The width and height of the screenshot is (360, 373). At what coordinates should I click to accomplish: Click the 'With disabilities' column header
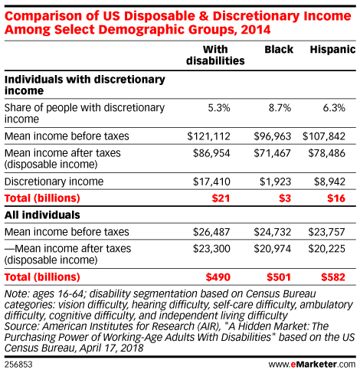[215, 55]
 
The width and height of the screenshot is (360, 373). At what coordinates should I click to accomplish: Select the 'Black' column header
[279, 50]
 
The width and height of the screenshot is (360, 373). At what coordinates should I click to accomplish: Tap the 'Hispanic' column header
[332, 50]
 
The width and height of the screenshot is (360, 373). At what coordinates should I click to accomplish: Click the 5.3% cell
[219, 108]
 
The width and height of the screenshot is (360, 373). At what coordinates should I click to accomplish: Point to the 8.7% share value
[280, 108]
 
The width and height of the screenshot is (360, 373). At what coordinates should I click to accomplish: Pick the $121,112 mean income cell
[208, 136]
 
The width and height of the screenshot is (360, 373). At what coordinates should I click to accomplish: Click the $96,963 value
[272, 136]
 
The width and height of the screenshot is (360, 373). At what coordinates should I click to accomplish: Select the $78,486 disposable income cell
[326, 153]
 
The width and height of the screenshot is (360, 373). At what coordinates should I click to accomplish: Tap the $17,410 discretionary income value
[211, 182]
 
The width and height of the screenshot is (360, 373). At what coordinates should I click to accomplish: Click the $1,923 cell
[275, 182]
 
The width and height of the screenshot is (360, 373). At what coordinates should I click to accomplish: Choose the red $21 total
[221, 198]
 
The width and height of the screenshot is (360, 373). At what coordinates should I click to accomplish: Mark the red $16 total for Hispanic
[336, 198]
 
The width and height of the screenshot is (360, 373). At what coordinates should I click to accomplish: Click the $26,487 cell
[211, 232]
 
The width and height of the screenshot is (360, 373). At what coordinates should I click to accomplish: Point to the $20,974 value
[272, 249]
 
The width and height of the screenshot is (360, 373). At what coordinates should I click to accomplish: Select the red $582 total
[333, 277]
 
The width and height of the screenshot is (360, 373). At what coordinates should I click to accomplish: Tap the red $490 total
[218, 277]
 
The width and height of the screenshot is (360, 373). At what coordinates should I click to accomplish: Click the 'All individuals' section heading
[42, 215]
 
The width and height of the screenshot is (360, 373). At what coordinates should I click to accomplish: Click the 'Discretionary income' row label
[54, 182]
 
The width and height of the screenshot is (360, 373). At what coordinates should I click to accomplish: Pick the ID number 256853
[18, 365]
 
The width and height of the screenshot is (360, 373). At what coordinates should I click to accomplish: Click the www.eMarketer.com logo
[312, 365]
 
